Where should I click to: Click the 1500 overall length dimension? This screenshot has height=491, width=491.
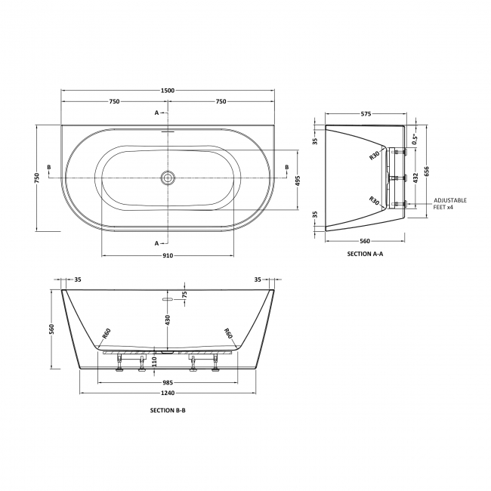click(x=168, y=90)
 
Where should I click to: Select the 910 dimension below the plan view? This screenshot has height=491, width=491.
click(x=168, y=255)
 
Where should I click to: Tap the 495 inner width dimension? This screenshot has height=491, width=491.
click(x=297, y=181)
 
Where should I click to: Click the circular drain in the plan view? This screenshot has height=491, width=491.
click(x=168, y=178)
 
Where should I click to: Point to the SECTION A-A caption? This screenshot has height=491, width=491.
click(x=365, y=254)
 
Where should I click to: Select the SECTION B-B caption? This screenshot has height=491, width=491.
click(x=168, y=409)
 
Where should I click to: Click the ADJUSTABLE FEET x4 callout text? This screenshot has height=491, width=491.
click(x=450, y=203)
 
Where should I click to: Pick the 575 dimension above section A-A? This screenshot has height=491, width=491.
click(x=365, y=113)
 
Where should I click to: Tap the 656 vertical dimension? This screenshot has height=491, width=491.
click(x=427, y=171)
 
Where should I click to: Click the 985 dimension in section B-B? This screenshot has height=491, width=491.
click(x=168, y=381)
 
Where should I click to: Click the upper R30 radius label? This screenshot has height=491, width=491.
click(x=374, y=156)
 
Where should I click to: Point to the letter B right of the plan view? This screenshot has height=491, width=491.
click(x=286, y=166)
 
